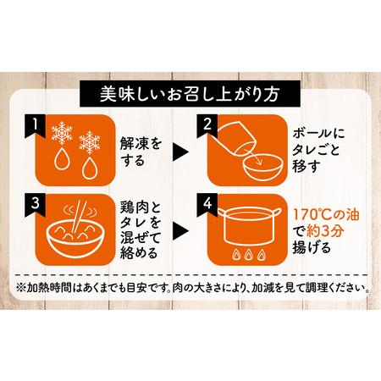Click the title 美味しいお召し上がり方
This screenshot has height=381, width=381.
click(190, 94)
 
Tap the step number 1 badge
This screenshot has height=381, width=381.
click(35, 126)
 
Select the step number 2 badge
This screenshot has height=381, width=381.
click(207, 126)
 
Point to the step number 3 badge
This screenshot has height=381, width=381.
click(35, 205)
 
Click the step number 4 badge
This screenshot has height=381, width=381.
click(207, 205)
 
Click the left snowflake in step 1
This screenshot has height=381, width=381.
click(62, 133)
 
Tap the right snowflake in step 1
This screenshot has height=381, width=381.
click(90, 142)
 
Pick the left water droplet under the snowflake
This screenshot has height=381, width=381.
click(62, 158)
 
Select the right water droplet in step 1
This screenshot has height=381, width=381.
click(90, 168)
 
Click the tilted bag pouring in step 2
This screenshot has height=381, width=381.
click(237, 137)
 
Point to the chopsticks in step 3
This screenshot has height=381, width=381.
click(77, 216)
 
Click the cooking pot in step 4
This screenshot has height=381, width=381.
click(248, 226)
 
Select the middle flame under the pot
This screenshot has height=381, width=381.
click(248, 255)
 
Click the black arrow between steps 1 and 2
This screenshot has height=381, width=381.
click(180, 152)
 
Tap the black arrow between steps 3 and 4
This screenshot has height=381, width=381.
click(180, 231)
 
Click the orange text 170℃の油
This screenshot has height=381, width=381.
click(326, 214)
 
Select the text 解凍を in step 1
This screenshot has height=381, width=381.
click(141, 144)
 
